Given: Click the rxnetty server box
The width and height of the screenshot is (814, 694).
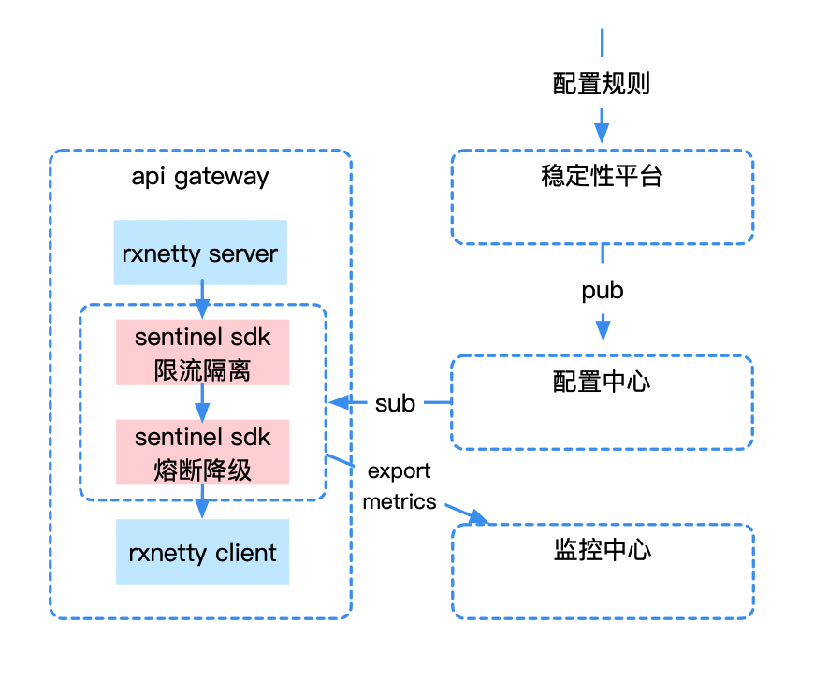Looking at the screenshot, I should click(x=199, y=253).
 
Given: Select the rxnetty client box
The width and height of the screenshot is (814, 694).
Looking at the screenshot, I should click(x=202, y=552).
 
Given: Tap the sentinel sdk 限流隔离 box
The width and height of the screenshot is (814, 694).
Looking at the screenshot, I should click(x=202, y=353).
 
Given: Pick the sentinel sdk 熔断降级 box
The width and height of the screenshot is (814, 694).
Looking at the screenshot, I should click(x=202, y=452).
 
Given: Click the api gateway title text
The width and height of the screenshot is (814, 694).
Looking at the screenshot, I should click(x=200, y=177).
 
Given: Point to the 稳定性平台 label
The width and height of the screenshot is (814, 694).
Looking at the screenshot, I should click(x=602, y=177).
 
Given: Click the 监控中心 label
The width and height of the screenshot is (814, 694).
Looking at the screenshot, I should click(x=602, y=550).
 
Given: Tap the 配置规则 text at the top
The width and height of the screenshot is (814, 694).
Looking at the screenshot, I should click(x=602, y=84).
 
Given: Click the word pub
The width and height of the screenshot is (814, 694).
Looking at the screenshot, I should click(x=602, y=291).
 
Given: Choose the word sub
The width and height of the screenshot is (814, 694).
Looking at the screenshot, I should click(x=395, y=403).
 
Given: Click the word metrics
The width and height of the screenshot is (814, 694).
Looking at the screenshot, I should click(x=400, y=501).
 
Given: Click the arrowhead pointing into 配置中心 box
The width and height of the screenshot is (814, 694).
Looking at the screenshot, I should click(x=602, y=331).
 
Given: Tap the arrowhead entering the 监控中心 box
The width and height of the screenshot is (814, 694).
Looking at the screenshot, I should click(x=480, y=517).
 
